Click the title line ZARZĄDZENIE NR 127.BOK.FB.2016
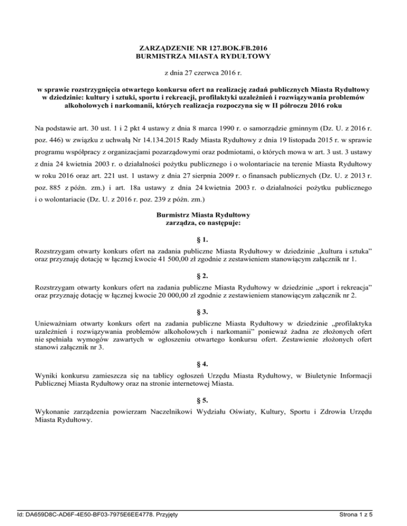coord(203,48)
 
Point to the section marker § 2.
coord(203,276)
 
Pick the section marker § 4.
coord(203,364)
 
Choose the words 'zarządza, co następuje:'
coord(203,223)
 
